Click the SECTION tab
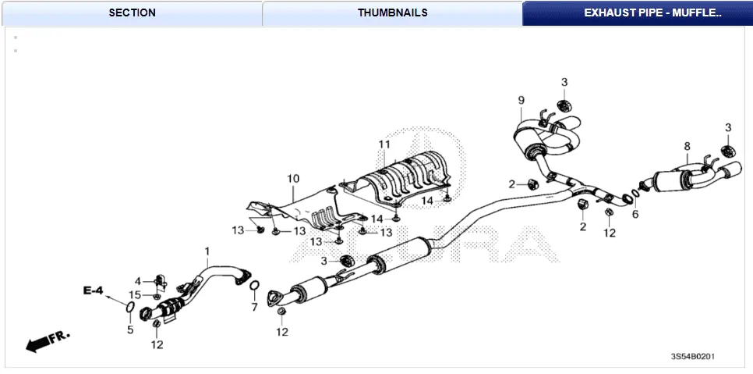pyautogui.click(x=132, y=12)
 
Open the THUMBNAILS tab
pyautogui.click(x=392, y=12)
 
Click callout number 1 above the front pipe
pyautogui.click(x=207, y=251)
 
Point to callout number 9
pyautogui.click(x=521, y=100)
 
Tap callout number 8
pyautogui.click(x=687, y=146)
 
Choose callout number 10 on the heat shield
pyautogui.click(x=293, y=179)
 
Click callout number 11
pyautogui.click(x=384, y=144)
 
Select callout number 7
pyautogui.click(x=254, y=308)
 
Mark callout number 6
pyautogui.click(x=635, y=214)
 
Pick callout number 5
pyautogui.click(x=130, y=329)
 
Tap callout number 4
pyautogui.click(x=137, y=281)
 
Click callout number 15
pyautogui.click(x=135, y=294)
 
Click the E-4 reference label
pyautogui.click(x=94, y=290)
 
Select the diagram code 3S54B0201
pyautogui.click(x=692, y=357)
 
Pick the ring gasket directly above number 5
pyautogui.click(x=129, y=313)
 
